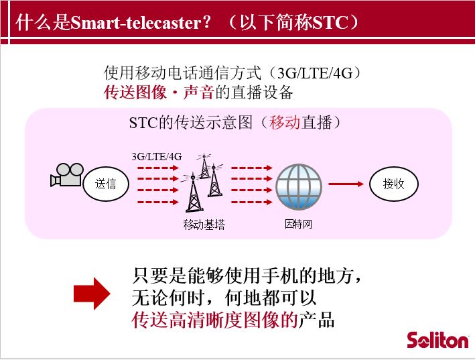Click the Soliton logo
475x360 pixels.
click(437, 341)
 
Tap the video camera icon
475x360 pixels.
click(67, 175)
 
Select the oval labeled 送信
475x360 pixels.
click(106, 184)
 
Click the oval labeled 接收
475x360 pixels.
click(393, 184)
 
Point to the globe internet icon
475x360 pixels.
click(299, 187)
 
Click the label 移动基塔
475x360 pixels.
click(204, 225)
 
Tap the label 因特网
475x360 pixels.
click(298, 224)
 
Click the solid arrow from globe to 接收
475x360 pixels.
click(346, 184)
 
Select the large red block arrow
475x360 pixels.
click(92, 294)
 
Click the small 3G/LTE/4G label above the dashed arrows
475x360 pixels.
click(157, 157)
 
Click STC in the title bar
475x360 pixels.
click(330, 22)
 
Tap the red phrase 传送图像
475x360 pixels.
click(135, 92)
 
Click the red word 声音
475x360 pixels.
click(199, 92)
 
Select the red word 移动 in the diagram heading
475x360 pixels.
click(285, 123)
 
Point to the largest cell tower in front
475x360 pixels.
click(193, 192)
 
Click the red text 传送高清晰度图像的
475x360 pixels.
click(215, 320)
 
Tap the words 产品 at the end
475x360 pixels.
click(316, 320)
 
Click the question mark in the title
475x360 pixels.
click(207, 22)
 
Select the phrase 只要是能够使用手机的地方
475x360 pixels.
click(243, 275)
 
